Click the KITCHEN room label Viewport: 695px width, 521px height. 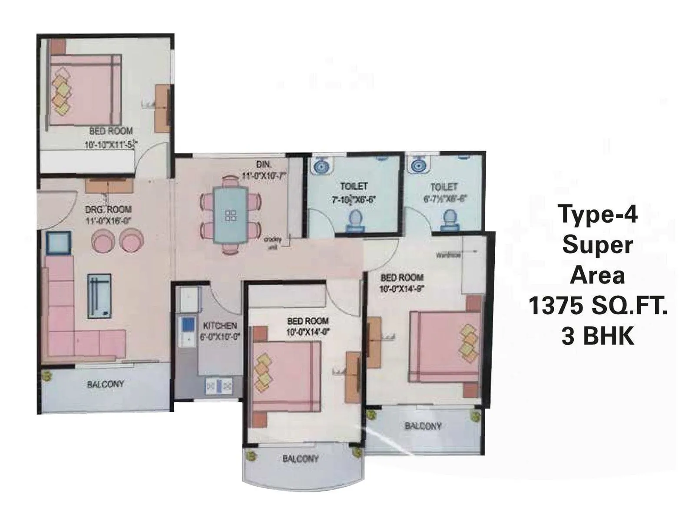point(220,325)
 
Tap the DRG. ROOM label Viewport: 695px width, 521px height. point(108,210)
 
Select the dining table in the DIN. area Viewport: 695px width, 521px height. point(231,216)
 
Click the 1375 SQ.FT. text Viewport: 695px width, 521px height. point(598,306)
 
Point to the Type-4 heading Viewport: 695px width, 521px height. point(598,214)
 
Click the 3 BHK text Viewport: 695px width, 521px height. point(598,336)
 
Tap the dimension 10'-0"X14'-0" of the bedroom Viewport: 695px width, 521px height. point(308,333)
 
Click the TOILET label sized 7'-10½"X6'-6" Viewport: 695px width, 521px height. point(354,187)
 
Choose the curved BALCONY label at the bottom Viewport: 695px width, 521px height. point(301,458)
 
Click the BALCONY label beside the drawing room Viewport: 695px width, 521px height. point(106,384)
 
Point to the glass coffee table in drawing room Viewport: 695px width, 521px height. point(99,296)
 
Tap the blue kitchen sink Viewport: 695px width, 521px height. point(188,325)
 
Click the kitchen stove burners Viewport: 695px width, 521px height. point(219,386)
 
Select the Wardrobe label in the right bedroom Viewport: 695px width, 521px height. point(448,255)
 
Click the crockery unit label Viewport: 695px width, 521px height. point(273,242)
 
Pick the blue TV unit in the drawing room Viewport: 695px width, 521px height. point(58,243)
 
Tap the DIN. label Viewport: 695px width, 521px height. point(264,165)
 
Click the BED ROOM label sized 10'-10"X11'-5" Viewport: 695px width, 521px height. point(111,131)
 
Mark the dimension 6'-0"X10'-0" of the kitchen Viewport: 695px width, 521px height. point(220,336)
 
